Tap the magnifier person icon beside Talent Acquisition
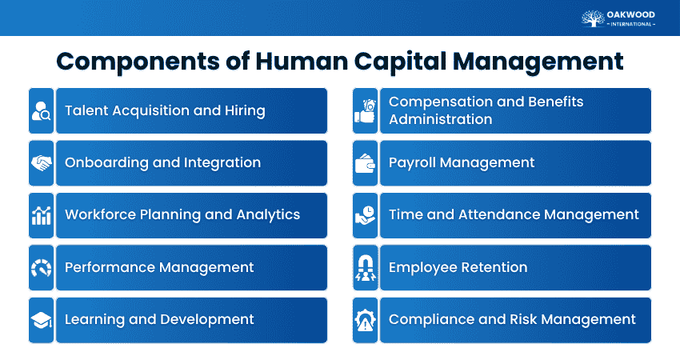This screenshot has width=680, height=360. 41,110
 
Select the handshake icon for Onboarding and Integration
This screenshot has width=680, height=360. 41,163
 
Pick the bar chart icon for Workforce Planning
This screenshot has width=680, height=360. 41,215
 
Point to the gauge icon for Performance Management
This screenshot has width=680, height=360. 41,267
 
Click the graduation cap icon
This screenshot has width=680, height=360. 41,320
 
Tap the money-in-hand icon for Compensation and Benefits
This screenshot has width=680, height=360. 365,110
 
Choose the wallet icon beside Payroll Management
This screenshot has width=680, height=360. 365,163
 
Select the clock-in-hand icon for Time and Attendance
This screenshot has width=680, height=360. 365,215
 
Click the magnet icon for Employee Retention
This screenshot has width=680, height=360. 365,267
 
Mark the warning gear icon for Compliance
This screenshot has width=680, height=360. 365,320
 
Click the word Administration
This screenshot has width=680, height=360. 440,119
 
